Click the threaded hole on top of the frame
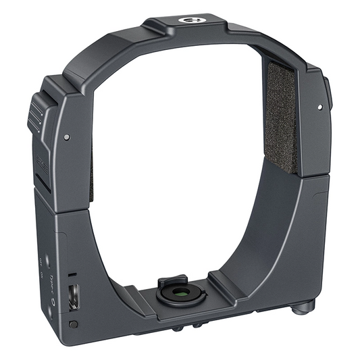[187, 20]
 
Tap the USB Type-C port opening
[73, 295]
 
